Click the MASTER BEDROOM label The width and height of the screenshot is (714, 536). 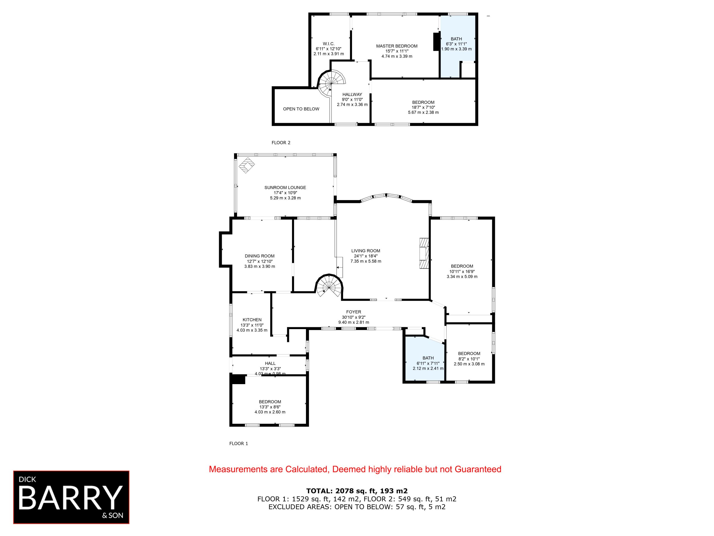point(397,46)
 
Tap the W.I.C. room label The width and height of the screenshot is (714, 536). point(329,44)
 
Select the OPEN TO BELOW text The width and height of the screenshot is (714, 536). point(301,109)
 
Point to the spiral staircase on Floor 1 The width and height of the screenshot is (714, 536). point(329,286)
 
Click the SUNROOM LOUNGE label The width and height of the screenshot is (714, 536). point(285,187)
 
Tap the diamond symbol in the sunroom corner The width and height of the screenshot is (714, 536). point(247,165)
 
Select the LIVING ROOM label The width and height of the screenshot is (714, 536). point(366,251)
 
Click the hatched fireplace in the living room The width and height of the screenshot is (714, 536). point(424,253)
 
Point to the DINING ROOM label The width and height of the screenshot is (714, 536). point(259,256)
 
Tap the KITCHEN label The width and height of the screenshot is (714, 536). point(252,320)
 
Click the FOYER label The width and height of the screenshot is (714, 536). point(353,312)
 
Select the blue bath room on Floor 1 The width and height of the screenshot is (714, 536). point(424,359)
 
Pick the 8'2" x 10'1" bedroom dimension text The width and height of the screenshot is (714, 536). point(469,359)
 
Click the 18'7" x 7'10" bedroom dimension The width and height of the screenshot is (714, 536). point(423,107)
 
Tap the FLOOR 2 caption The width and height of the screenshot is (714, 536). point(281,142)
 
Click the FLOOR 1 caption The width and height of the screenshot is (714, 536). point(238,443)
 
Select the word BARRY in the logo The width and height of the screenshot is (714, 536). point(71,497)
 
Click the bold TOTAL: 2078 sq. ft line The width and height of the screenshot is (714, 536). point(357,491)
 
